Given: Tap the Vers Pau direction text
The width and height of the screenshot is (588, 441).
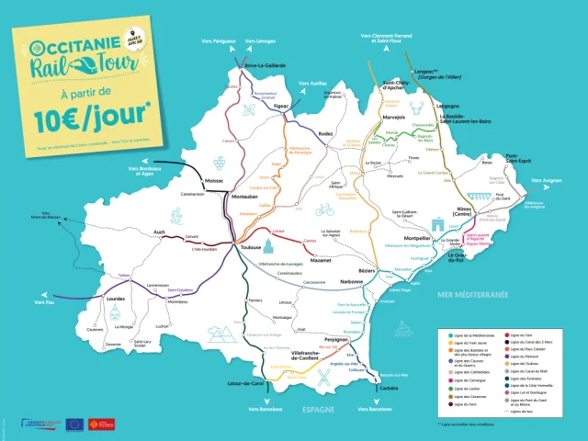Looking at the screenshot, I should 46,301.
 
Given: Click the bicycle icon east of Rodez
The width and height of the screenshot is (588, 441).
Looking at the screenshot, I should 324,209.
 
